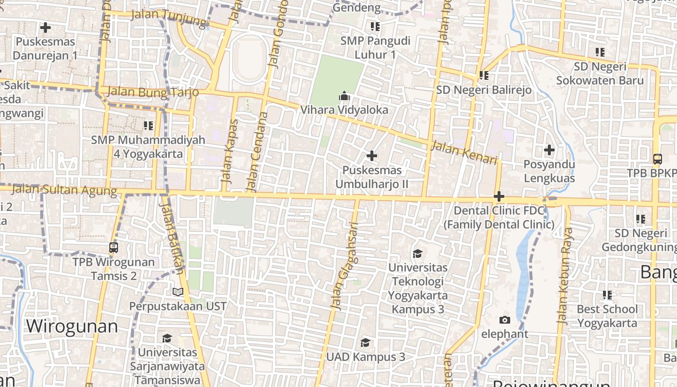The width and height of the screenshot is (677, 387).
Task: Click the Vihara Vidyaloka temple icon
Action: (x=344, y=96)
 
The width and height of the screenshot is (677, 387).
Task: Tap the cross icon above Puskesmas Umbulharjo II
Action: (x=371, y=156)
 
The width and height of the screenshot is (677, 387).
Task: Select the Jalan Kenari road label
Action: (x=464, y=152)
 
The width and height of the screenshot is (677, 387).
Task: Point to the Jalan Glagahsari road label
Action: (x=344, y=265)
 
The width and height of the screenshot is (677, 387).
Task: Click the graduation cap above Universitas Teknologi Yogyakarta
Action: (x=417, y=253)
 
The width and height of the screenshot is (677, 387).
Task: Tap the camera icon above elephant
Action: (x=504, y=320)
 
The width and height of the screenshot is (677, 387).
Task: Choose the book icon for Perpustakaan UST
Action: (x=178, y=292)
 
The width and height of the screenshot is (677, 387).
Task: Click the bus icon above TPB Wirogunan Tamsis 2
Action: (x=114, y=248)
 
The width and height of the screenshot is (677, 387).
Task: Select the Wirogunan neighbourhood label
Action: (x=72, y=326)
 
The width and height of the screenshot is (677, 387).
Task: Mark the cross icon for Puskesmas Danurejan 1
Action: (x=45, y=28)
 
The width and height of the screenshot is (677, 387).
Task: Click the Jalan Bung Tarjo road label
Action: (x=153, y=91)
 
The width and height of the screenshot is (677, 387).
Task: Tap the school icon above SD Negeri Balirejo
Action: (x=484, y=75)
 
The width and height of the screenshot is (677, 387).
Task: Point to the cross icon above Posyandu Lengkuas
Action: (x=549, y=150)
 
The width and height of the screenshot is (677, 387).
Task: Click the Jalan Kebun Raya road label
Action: (x=564, y=275)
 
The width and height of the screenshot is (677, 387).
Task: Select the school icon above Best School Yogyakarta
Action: (x=607, y=295)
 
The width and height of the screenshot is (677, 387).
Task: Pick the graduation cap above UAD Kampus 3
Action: (x=366, y=342)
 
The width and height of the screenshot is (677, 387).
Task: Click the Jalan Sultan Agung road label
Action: (x=64, y=190)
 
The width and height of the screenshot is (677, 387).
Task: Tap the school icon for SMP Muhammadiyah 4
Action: (x=148, y=126)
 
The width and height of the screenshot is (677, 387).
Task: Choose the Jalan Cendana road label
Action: (x=257, y=151)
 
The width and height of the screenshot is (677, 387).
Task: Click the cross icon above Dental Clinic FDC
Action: (x=499, y=197)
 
